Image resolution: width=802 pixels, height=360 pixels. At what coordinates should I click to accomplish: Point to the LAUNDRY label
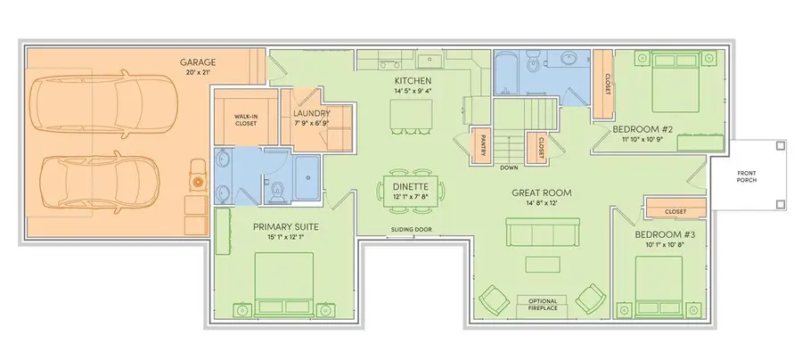[x=312, y=114]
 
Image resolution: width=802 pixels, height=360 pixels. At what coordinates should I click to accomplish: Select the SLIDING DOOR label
[x=410, y=229]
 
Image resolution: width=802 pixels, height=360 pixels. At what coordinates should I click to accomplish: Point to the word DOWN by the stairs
[x=510, y=167]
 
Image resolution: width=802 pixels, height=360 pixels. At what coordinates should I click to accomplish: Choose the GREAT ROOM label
[x=541, y=192]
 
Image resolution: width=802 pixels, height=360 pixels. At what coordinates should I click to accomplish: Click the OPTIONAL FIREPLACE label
[x=542, y=305]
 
